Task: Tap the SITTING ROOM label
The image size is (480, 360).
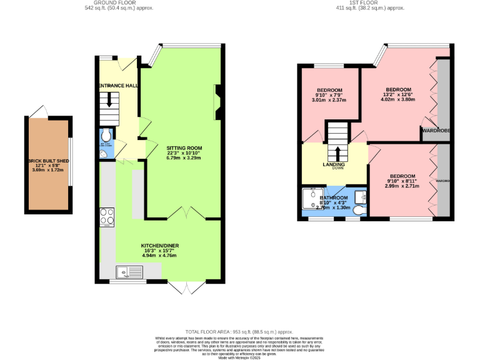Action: tap(184, 148)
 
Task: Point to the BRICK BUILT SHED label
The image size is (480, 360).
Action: tap(48, 161)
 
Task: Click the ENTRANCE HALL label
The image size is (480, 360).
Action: tap(117, 85)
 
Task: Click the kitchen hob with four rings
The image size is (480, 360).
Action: tap(106, 216)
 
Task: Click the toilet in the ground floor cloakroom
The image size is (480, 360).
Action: tap(106, 136)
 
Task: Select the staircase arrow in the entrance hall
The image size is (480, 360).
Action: tap(113, 100)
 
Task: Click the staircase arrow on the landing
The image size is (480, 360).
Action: tap(337, 152)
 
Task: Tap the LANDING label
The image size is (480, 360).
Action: tap(334, 165)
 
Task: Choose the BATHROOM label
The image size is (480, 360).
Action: tap(334, 197)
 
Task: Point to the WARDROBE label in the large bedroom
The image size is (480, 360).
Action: tap(436, 131)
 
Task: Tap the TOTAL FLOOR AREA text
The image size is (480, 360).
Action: tap(239, 331)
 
